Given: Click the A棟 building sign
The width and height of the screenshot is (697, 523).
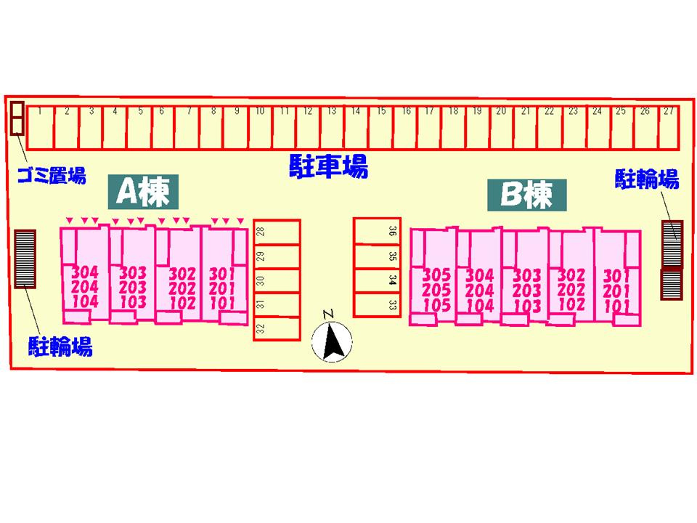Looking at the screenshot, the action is [x=143, y=192].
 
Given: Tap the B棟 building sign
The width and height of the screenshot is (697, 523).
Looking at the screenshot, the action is [x=527, y=195].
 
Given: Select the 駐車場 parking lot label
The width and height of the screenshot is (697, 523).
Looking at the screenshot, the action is [x=328, y=166].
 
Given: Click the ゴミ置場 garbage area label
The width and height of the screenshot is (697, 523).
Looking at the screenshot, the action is [x=52, y=176].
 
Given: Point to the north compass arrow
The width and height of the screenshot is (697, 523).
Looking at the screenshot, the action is [x=332, y=341].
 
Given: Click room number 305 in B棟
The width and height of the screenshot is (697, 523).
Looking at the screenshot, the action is [x=436, y=275].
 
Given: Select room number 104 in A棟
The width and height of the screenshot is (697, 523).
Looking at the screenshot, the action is [x=85, y=301].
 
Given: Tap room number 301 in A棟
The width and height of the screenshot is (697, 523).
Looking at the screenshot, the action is [x=222, y=274].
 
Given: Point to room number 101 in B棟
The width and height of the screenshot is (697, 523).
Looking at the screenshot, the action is [x=616, y=306].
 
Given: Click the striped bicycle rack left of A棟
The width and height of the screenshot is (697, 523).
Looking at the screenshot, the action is [x=25, y=259].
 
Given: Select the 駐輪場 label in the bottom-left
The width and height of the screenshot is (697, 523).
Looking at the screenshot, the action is [x=60, y=346].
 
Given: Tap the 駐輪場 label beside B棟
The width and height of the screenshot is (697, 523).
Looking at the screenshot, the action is [x=647, y=179].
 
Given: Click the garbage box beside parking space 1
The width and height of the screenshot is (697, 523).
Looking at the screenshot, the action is [x=17, y=118].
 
